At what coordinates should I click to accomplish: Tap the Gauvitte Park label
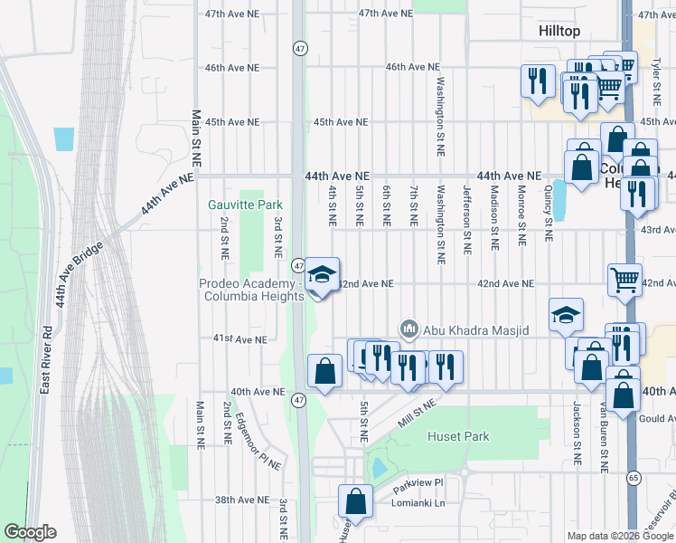pos(239,205)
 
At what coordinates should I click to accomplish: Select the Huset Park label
pos(457,436)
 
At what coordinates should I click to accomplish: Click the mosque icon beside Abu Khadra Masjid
pos(408,329)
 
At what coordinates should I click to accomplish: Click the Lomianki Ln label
pos(420,502)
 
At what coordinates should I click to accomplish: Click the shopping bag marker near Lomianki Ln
pos(356,501)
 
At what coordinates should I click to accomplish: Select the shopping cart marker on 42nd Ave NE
pos(624,279)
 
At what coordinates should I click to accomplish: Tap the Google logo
pos(30,532)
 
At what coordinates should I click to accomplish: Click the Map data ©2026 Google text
pos(619,536)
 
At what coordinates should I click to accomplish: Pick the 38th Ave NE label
pos(242,500)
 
